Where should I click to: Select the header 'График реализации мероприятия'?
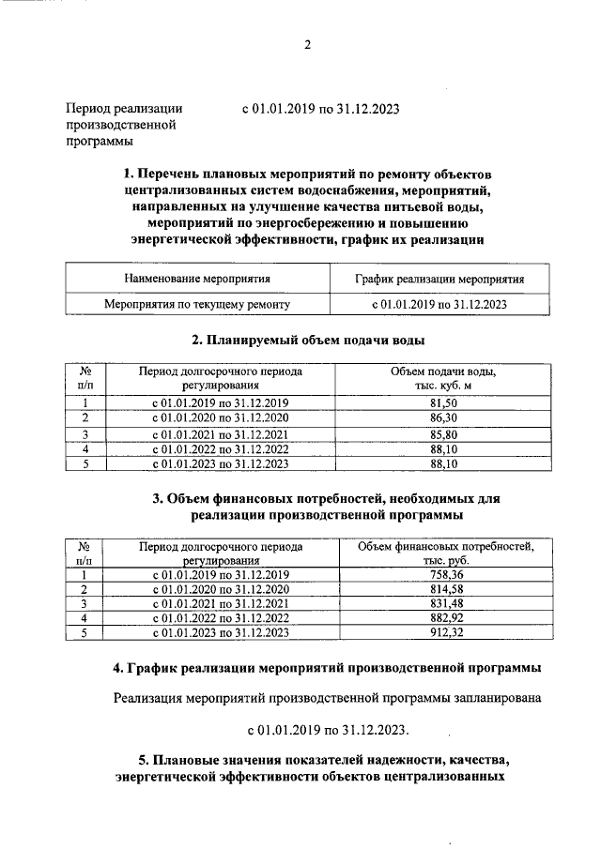tap(439, 279)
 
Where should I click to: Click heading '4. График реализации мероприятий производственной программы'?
tap(326, 668)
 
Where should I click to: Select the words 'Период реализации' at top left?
tap(123, 108)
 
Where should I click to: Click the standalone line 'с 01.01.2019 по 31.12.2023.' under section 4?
tap(328, 728)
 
